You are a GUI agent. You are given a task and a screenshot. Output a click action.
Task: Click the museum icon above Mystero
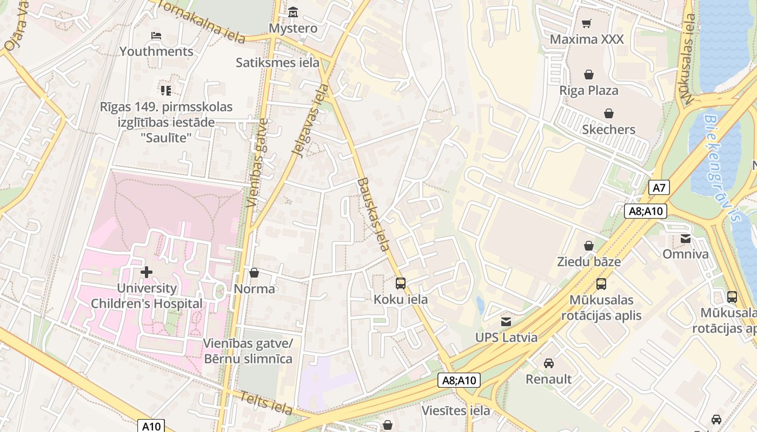tap(293, 12)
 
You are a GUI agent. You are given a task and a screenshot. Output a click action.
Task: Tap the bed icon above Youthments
tap(156, 36)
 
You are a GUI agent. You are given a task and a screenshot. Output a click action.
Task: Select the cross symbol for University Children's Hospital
tap(146, 272)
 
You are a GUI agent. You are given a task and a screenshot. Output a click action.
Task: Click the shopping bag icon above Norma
tap(254, 273)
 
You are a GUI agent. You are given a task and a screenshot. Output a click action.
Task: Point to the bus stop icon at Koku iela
tap(401, 283)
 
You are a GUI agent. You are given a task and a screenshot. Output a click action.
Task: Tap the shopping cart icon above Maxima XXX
tap(587, 23)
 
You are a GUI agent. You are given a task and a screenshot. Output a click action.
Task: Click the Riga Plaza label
tap(589, 90)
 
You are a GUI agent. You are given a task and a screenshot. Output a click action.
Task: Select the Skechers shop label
tap(609, 130)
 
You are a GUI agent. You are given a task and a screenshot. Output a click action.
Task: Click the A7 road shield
tap(659, 188)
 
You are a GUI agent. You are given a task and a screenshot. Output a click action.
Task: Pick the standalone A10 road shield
tap(151, 426)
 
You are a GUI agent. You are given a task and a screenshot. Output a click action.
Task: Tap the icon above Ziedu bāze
tap(589, 246)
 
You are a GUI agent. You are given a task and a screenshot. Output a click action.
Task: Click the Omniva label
tap(686, 254)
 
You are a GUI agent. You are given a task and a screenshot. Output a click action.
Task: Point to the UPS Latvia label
tap(506, 337)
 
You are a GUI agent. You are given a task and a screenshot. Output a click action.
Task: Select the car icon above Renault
tap(549, 363)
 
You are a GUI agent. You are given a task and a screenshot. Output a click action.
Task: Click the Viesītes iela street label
tap(456, 411)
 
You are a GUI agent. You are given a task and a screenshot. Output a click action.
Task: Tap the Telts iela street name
tap(266, 402)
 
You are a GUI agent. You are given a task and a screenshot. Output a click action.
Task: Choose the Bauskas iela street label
tap(373, 214)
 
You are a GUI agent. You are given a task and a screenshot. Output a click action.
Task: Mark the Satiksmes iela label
tap(277, 62)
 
